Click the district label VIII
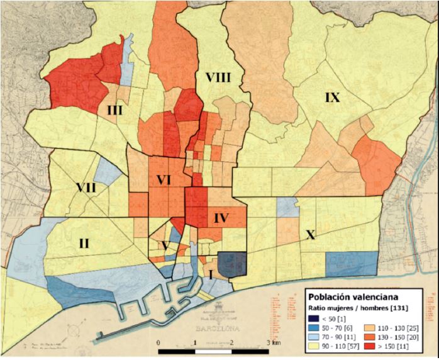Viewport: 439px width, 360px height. [218, 77]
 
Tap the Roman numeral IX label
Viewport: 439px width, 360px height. [332, 97]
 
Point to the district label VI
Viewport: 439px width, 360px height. [164, 180]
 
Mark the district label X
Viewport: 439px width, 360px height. [309, 235]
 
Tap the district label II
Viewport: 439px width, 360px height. [85, 242]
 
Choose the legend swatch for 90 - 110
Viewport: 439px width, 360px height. [313, 347]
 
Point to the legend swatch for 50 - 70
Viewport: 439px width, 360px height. [313, 327]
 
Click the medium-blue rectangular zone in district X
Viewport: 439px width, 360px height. [352, 264]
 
